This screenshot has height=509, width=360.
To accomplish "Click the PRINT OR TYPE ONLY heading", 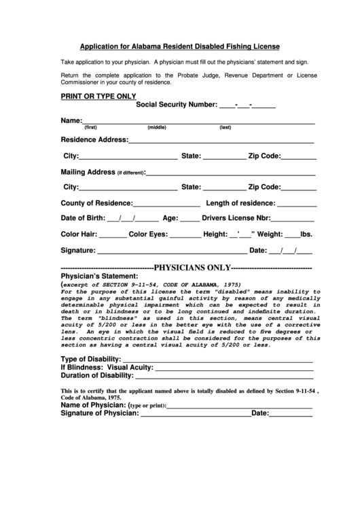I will (98, 96).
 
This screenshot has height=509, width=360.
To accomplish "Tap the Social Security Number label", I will (176, 105).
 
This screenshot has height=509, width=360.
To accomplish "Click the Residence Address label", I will (94, 140).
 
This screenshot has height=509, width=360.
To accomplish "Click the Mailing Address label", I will (88, 172).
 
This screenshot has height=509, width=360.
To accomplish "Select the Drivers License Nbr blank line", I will (293, 220).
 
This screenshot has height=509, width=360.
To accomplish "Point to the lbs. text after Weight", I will (306, 234).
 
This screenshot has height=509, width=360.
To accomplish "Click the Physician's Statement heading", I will (100, 277).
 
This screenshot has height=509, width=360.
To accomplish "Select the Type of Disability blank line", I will (217, 360).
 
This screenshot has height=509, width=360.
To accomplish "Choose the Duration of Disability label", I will (96, 375).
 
